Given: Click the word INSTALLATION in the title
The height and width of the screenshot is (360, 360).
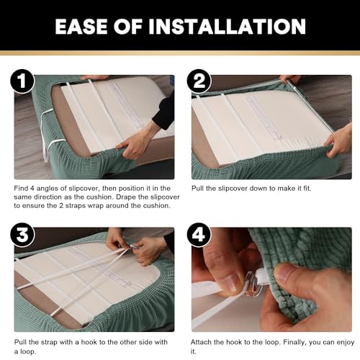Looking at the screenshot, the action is [x=227, y=27].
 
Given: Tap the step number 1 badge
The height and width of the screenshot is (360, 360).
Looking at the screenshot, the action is [x=22, y=81].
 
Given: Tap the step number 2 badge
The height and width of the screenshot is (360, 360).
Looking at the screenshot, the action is [x=199, y=81].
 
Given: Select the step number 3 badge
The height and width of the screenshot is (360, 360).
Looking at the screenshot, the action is [x=22, y=235].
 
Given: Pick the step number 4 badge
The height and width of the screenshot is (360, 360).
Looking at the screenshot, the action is [x=199, y=235].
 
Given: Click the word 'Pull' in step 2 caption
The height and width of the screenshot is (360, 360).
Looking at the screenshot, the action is [x=197, y=188].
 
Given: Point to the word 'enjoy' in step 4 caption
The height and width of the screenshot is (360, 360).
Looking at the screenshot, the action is [x=345, y=343].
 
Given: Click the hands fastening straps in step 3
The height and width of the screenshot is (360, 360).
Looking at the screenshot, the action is [x=135, y=247].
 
